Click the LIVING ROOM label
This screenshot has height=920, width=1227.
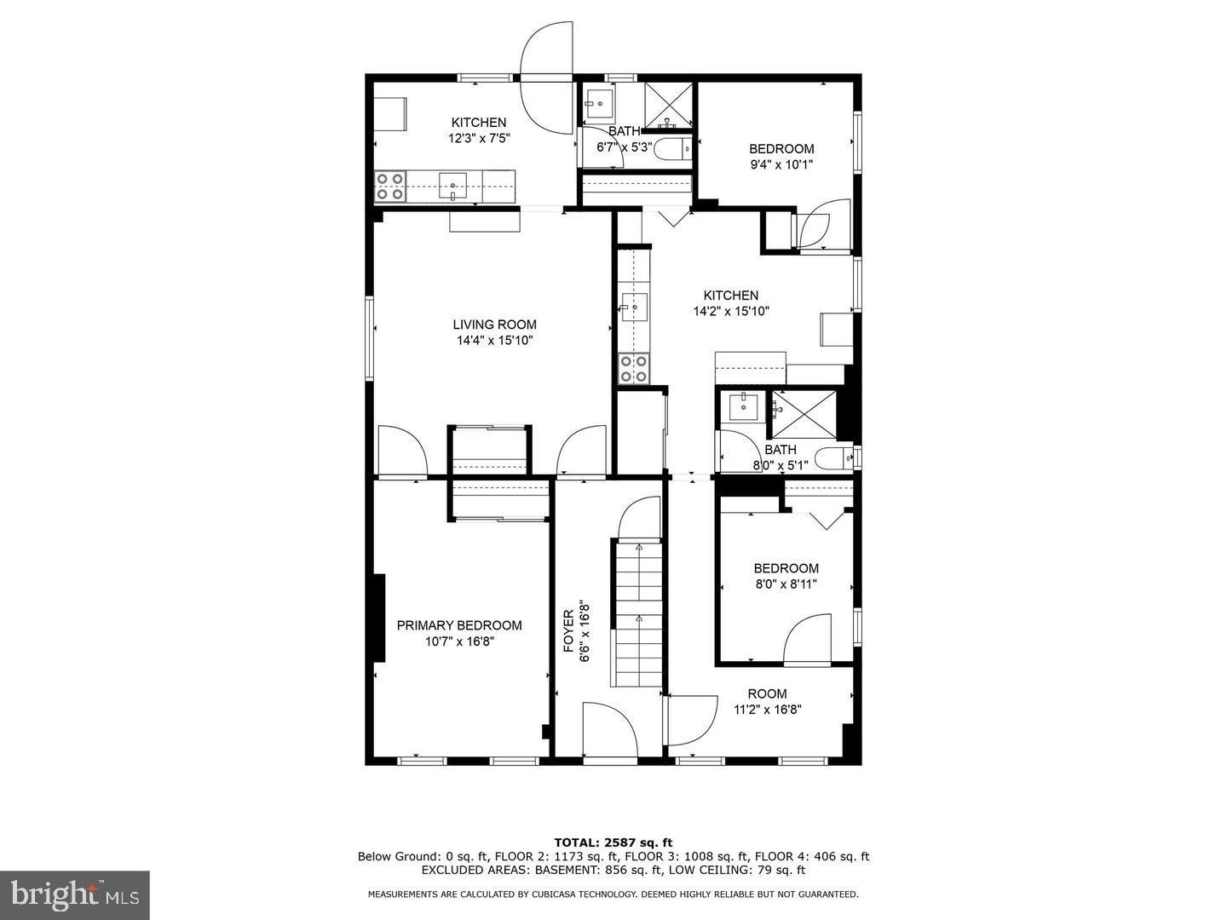click(494, 325)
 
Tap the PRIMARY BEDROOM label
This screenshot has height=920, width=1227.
click(459, 625)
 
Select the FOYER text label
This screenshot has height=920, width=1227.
click(568, 631)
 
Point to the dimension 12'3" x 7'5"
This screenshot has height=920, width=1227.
click(479, 138)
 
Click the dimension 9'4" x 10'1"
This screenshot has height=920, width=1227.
click(781, 164)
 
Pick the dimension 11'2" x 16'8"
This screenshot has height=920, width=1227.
click(768, 710)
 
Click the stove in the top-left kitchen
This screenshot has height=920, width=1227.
click(390, 187)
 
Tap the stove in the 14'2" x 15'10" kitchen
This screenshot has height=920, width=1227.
click(634, 369)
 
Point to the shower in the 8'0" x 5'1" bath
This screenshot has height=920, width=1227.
click(804, 415)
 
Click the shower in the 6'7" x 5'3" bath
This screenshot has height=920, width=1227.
click(669, 105)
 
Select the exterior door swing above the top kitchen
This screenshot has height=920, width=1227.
click(547, 77)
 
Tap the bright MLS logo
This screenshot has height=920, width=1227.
click(74, 895)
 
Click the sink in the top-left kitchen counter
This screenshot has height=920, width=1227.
click(452, 186)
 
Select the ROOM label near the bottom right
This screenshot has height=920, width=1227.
click(768, 693)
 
